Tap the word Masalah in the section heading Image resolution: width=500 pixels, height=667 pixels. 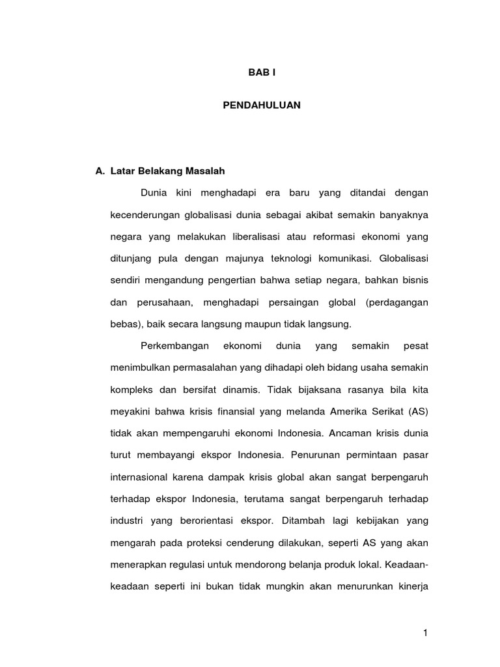pos(204,171)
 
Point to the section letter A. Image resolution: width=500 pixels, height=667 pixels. pos(100,171)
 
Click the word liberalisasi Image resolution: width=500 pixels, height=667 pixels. pos(260,236)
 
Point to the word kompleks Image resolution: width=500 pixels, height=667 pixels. pos(133,390)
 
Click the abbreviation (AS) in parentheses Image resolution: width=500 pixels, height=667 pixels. pos(419,412)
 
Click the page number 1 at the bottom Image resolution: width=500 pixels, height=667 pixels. pos(425,632)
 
